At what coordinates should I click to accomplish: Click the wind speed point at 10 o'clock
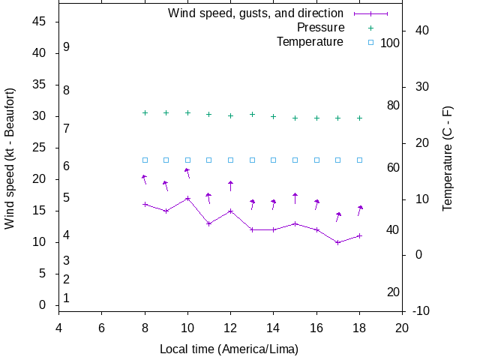187,198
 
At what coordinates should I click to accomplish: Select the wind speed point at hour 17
338,242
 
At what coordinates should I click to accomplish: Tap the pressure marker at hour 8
145,112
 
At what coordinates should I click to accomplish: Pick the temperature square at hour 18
360,160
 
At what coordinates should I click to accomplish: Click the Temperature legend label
310,42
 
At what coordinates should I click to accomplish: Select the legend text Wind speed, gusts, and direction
256,13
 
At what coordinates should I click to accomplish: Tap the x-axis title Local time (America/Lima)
229,349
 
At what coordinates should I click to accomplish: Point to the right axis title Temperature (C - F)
448,158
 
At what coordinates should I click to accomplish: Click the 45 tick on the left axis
40,22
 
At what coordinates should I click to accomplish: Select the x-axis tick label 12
230,328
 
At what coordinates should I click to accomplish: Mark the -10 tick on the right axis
421,311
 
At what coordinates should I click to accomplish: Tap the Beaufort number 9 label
67,46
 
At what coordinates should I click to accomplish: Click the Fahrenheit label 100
390,43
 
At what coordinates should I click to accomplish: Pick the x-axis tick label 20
402,328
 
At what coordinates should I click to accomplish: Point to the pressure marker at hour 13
252,115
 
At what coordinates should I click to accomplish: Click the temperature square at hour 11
209,160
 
